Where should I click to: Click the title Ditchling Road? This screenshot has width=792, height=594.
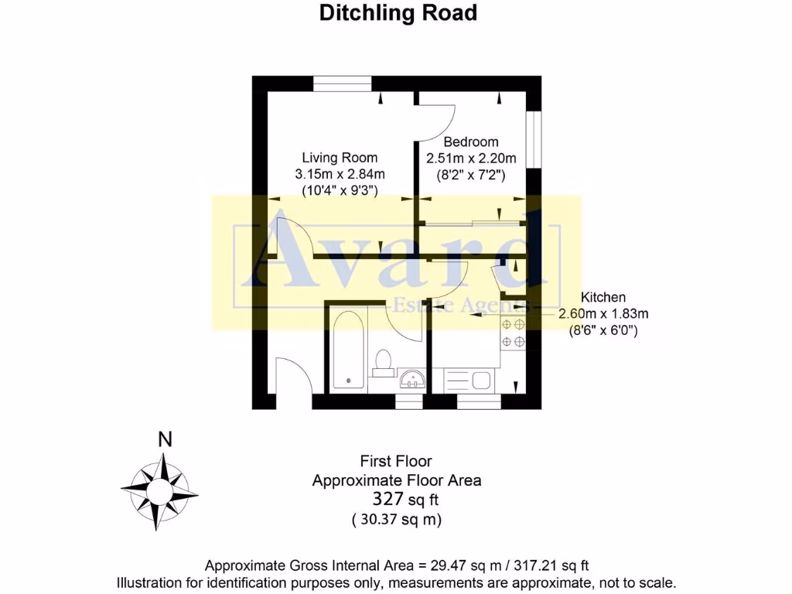(x=398, y=13)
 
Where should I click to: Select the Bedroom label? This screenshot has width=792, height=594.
(x=470, y=142)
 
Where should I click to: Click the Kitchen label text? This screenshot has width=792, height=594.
(x=603, y=297)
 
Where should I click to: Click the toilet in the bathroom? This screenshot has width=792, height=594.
(x=383, y=362)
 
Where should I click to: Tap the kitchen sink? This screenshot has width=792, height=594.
(x=479, y=380)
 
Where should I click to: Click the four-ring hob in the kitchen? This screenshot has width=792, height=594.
(x=514, y=333)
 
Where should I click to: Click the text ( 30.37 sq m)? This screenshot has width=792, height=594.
(x=397, y=520)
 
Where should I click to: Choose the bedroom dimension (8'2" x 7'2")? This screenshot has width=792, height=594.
(x=470, y=176)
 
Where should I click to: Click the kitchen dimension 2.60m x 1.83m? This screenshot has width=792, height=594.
(x=603, y=314)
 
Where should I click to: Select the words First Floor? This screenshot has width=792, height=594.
(x=396, y=461)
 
